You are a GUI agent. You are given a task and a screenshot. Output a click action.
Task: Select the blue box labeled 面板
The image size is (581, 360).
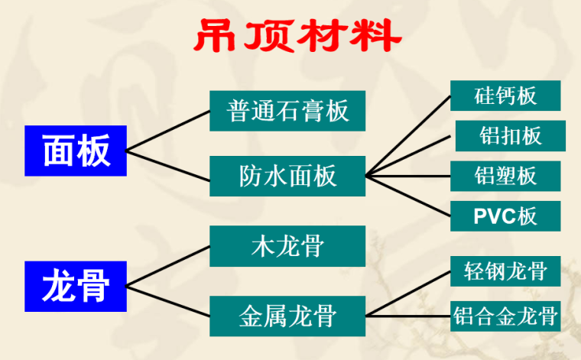[76, 149]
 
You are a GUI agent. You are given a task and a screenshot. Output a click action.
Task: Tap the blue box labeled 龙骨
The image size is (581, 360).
[76, 286]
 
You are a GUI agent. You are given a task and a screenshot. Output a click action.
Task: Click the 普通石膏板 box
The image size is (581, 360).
[288, 111]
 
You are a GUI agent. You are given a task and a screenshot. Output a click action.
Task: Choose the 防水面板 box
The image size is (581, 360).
[288, 177]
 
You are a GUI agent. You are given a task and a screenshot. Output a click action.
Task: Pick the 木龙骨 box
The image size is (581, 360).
[288, 247]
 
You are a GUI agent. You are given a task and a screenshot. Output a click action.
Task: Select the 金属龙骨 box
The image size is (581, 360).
[288, 313]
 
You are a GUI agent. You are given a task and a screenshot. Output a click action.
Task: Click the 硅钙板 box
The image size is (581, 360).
[505, 95]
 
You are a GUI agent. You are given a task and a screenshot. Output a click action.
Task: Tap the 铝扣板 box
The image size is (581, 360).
[511, 136]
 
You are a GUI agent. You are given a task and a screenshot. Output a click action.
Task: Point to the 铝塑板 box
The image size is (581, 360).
[505, 176]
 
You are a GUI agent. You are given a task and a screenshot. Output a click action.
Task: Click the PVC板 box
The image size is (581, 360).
[505, 216]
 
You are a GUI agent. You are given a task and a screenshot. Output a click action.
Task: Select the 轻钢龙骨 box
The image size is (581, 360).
[505, 271]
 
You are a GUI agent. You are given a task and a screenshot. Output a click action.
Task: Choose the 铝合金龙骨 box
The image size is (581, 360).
[505, 313]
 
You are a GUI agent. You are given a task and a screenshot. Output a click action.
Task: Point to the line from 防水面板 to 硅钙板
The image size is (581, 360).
[409, 136]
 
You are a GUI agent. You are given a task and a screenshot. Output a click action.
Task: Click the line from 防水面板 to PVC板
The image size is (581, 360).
[409, 196]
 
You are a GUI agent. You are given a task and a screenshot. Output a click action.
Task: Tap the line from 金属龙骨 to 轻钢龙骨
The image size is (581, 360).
[409, 294]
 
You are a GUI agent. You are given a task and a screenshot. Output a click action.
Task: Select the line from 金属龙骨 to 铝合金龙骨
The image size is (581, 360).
[409, 313]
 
